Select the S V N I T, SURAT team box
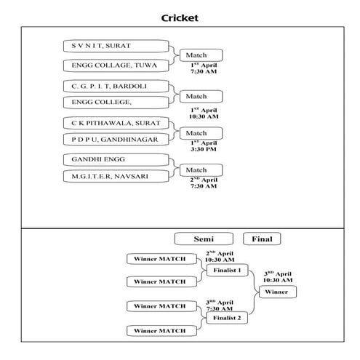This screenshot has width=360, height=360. pos(118,46)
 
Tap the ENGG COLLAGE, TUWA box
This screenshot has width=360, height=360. pos(118,65)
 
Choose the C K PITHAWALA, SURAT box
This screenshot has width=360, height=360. pos(118,122)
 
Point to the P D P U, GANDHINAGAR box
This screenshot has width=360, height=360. pos(118,138)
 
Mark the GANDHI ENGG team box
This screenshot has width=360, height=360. pos(118,159)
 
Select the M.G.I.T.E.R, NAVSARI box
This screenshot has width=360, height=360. pos(118,176)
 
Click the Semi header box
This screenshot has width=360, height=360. pos(204,239)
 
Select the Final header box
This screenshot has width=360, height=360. pos(262,239)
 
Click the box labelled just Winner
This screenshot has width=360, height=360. pos(276,292)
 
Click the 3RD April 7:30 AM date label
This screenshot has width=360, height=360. pos(219,305)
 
